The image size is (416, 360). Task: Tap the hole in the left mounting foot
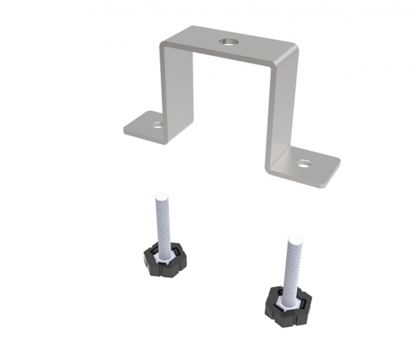157,124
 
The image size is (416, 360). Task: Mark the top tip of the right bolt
294,239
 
